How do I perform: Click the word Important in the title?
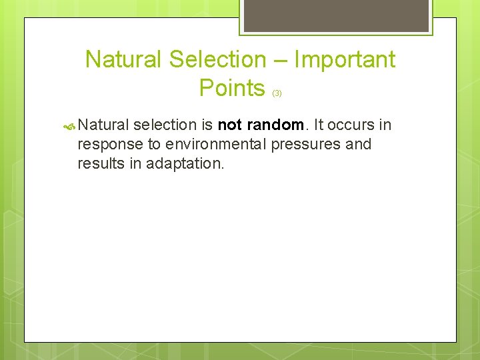click(x=344, y=60)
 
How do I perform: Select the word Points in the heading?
click(x=232, y=87)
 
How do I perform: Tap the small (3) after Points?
click(x=277, y=93)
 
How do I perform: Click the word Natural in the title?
click(x=125, y=60)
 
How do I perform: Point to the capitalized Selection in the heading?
click(x=217, y=60)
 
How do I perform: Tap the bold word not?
click(x=231, y=125)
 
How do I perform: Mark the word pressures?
click(x=306, y=145)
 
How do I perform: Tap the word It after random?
click(x=319, y=125)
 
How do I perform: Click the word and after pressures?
click(x=358, y=144)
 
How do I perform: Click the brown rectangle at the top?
click(x=335, y=15)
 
